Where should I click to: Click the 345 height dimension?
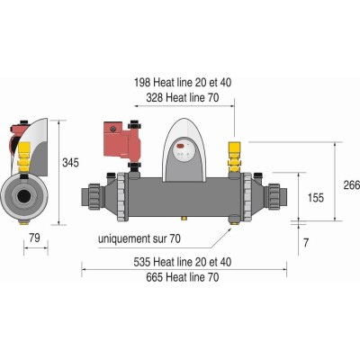(70, 163)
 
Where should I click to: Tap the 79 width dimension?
(34, 238)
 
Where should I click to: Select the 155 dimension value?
(316, 198)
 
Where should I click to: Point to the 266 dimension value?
(352, 185)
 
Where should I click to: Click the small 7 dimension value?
(306, 243)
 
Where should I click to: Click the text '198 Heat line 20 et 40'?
(183, 83)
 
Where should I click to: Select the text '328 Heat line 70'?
(183, 98)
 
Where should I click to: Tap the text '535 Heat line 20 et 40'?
(183, 262)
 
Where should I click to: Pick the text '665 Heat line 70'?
(183, 277)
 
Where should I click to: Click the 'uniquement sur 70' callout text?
(139, 239)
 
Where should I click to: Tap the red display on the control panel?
(181, 147)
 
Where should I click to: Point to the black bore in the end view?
(23, 197)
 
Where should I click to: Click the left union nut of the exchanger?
(92, 196)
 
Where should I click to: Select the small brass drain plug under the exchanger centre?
(184, 218)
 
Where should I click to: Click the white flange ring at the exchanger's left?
(122, 197)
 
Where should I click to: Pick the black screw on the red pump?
(112, 129)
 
